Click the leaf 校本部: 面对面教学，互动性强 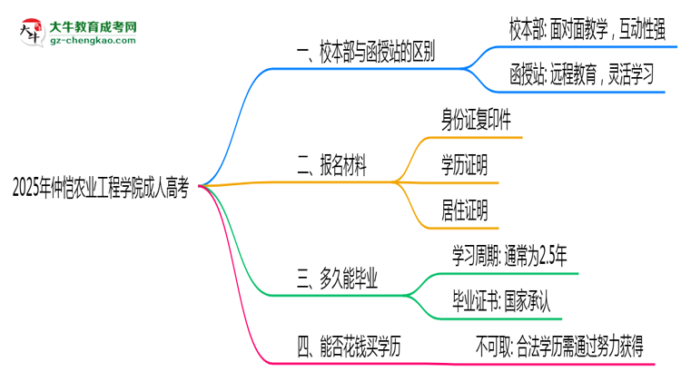click(x=589, y=31)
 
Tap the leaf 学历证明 click(x=464, y=165)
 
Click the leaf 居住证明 click(x=464, y=212)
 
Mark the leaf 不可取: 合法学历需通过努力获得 click(x=572, y=345)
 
